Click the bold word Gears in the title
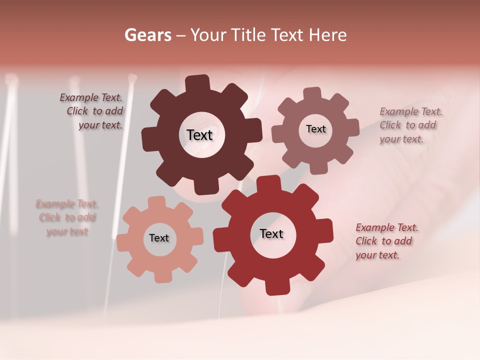pos(147,35)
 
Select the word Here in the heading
pos(327,35)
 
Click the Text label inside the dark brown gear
pos(199,135)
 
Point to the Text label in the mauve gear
pos(315,129)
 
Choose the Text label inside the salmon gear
pos(159,238)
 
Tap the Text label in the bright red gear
pos(271,233)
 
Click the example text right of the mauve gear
pos(408,125)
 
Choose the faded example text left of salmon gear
pos(67,217)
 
